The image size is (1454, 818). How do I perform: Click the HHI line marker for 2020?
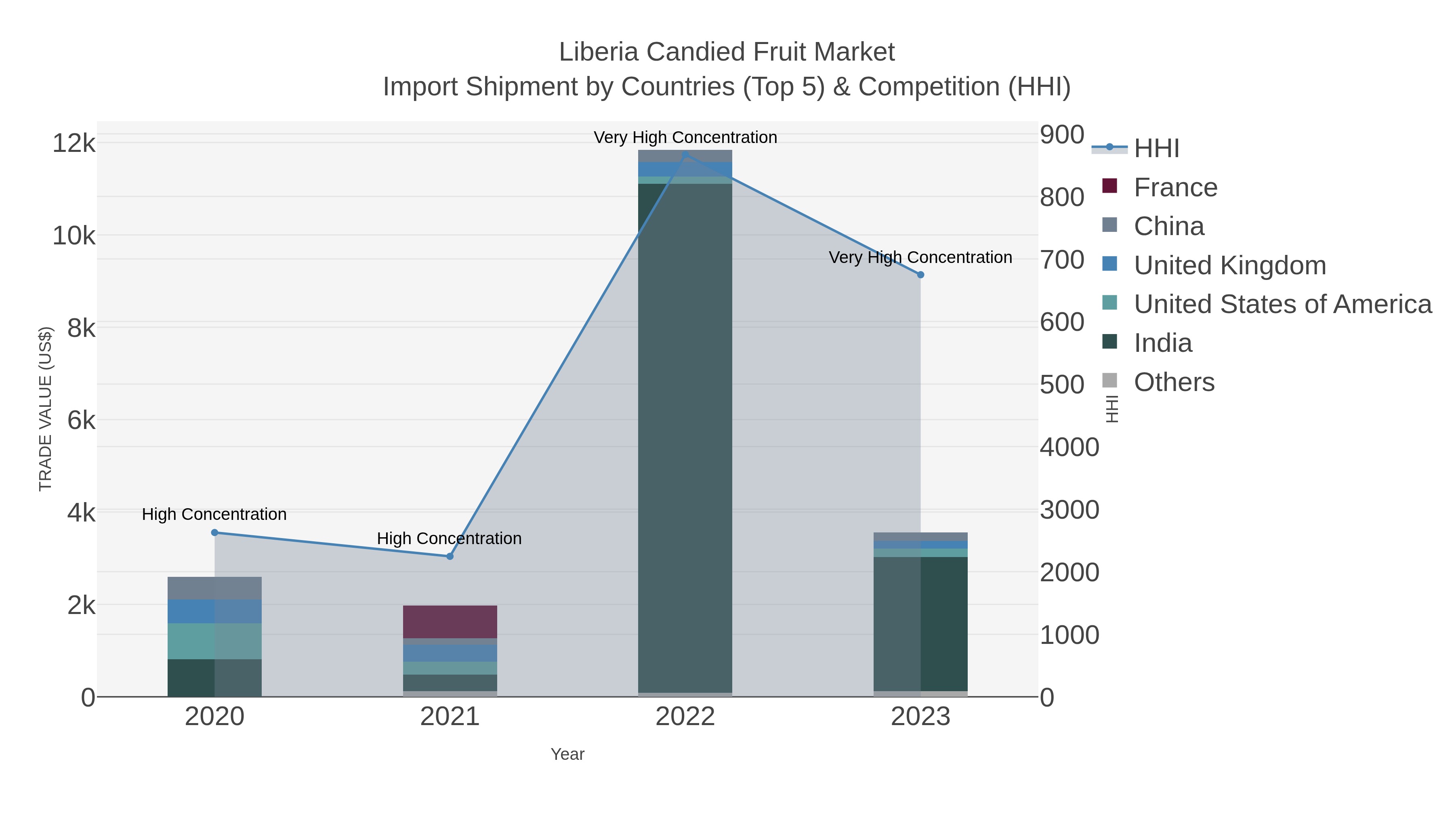(214, 532)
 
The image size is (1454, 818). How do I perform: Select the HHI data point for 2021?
(450, 556)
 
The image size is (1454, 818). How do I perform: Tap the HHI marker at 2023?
(920, 275)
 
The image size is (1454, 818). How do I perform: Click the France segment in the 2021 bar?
(450, 622)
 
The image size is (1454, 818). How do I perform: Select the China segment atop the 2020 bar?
(214, 588)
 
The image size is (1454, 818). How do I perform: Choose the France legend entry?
(1175, 187)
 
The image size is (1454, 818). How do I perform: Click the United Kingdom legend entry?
(1229, 265)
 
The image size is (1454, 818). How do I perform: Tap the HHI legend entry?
(1156, 149)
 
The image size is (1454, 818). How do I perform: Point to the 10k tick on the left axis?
(74, 236)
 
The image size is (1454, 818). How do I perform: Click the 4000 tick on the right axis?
(1069, 447)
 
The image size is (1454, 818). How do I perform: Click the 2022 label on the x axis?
(685, 717)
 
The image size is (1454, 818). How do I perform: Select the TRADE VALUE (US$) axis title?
(45, 409)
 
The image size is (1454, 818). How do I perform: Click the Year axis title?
(567, 754)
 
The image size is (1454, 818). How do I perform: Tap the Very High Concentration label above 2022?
(685, 137)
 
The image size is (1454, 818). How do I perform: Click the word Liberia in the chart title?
(599, 52)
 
